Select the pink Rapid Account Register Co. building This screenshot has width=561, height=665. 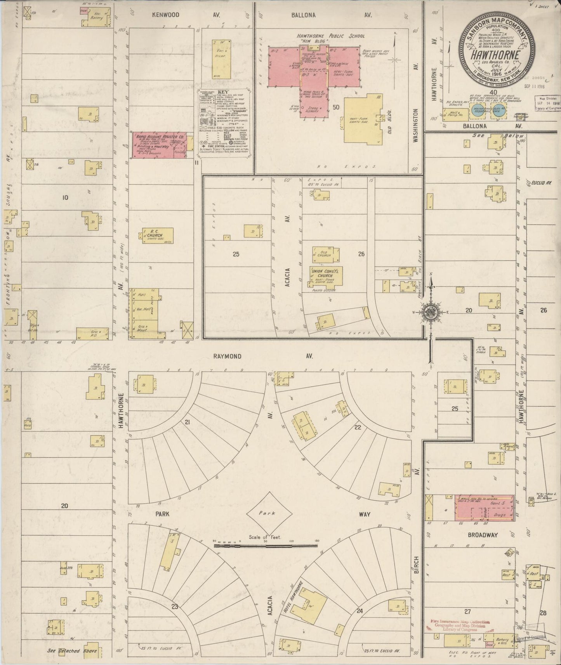[x=159, y=146]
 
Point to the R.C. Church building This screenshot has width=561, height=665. [x=157, y=236]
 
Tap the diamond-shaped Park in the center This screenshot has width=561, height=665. [x=269, y=513]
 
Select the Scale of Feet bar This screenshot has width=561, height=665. [x=266, y=546]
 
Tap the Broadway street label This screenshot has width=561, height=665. [x=482, y=535]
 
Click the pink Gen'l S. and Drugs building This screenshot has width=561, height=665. [x=485, y=507]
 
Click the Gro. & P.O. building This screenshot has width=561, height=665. [x=92, y=333]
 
